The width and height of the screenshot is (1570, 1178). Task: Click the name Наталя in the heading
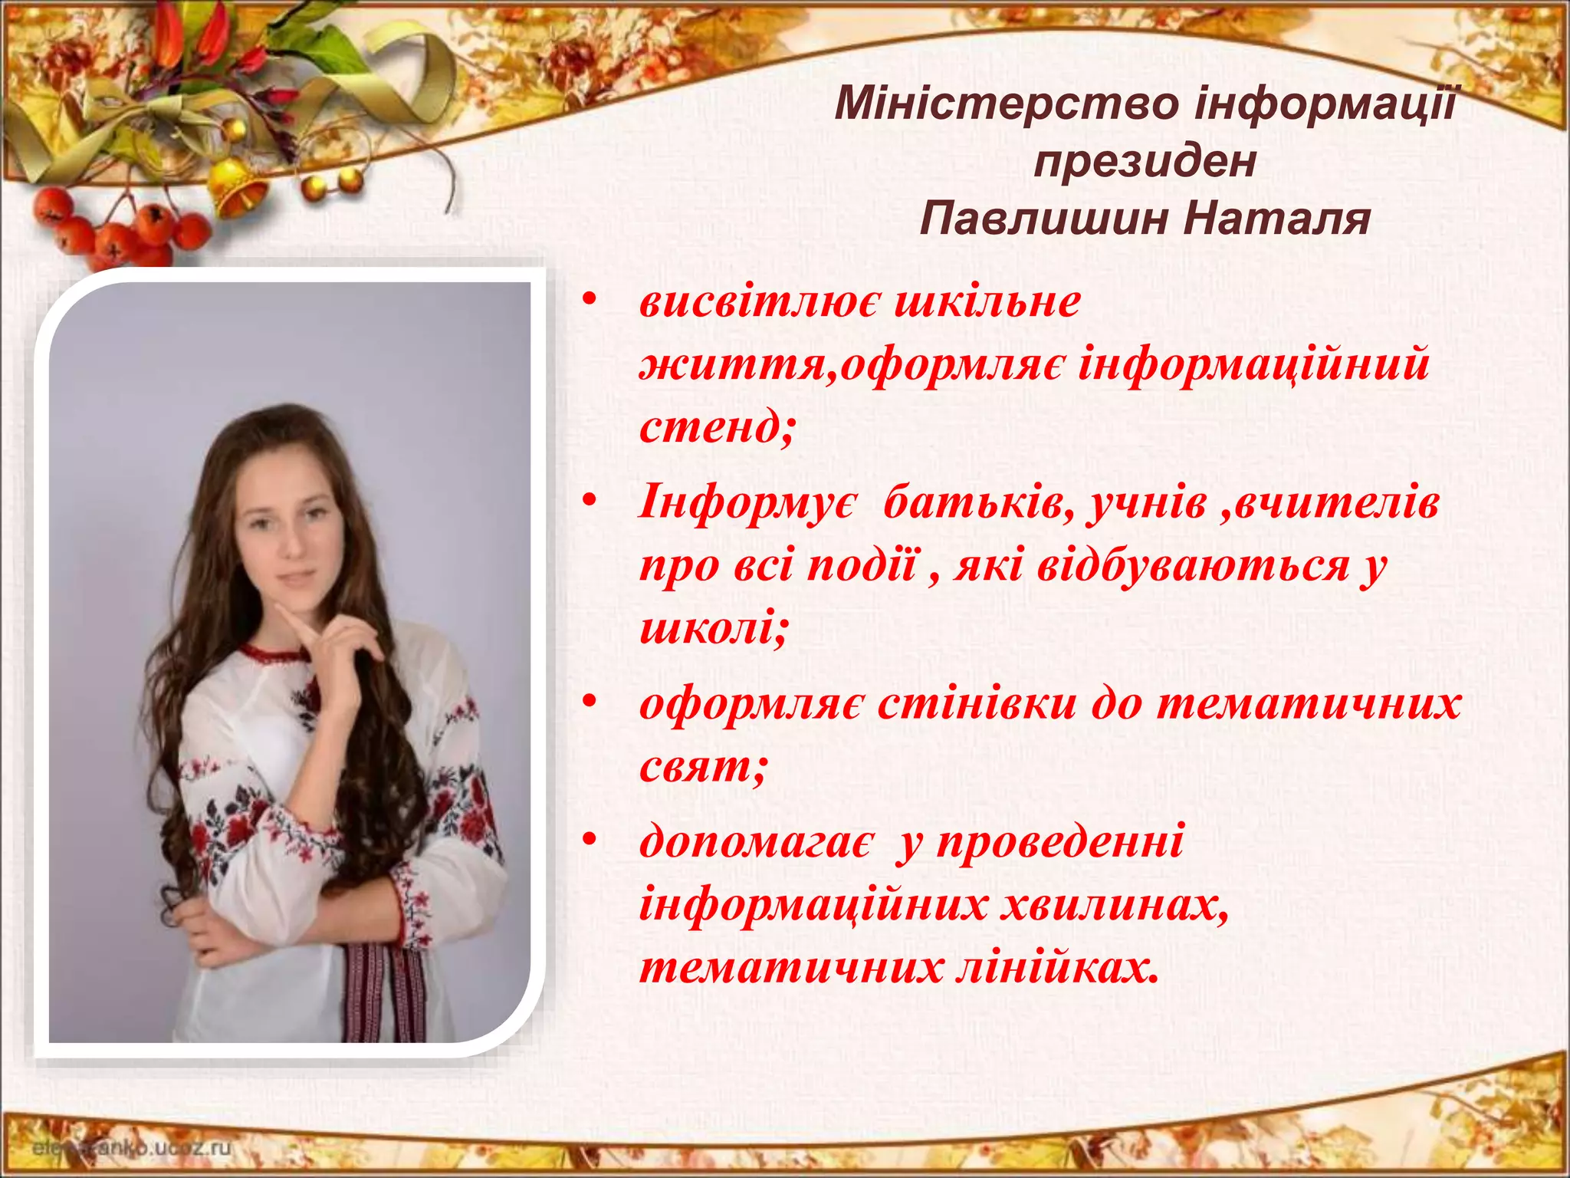(x=1276, y=219)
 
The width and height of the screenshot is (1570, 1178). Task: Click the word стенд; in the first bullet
(x=717, y=426)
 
